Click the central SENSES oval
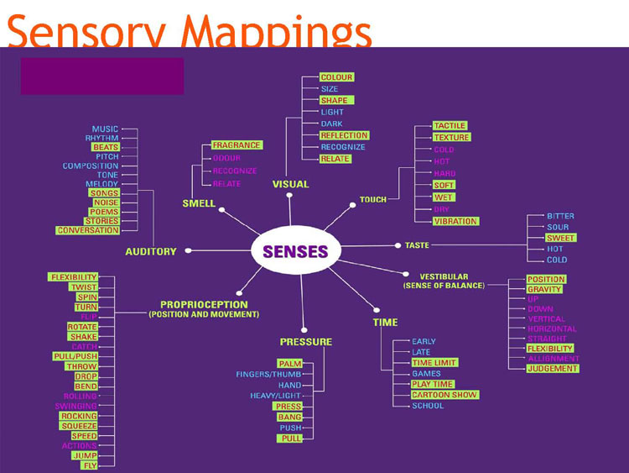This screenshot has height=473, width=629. coord(289,250)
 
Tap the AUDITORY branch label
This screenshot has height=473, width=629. coord(151,251)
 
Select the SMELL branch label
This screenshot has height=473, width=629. coord(199,203)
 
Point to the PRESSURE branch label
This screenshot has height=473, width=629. coord(306,342)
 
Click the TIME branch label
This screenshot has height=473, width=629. coord(386,323)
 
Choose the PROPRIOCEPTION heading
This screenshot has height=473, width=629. coord(204,304)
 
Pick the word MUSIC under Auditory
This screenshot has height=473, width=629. coord(106,129)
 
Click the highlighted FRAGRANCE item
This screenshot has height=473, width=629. coord(237,145)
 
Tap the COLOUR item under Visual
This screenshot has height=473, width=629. coord(336,77)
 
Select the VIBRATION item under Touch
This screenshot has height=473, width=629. coord(455,221)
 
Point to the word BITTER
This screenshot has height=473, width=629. coord(561,216)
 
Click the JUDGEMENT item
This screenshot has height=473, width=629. coord(553,369)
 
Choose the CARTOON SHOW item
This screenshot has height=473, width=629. coord(444,395)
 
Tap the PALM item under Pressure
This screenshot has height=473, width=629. coord(289,364)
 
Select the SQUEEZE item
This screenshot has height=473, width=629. coord(79,426)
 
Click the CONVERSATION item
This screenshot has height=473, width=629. coord(88,230)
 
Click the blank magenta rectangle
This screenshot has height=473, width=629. coord(102,76)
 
